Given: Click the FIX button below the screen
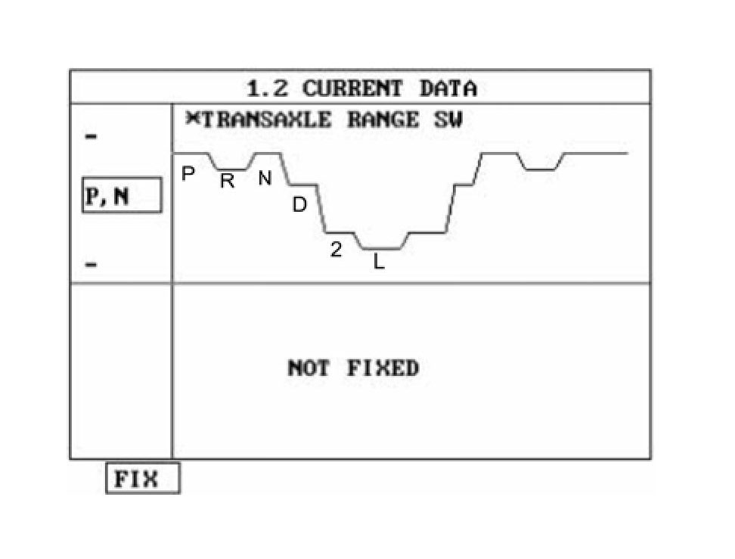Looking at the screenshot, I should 142,479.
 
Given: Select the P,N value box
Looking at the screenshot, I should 121,196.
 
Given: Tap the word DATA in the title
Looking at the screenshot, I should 448,89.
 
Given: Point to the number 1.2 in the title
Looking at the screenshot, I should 268,89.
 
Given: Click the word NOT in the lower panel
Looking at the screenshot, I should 309,369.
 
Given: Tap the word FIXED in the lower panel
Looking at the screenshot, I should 383,369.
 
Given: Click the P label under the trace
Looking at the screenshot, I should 189,173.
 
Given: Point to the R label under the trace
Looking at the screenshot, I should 227,181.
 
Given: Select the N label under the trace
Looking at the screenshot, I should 265,179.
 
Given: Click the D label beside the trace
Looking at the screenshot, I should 299,204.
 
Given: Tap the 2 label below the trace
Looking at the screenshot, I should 336,250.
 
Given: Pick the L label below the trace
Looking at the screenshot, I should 380,263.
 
